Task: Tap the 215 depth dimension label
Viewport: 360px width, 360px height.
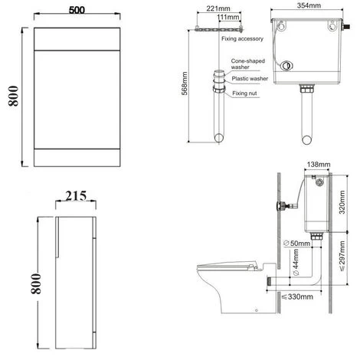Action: click(x=74, y=195)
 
